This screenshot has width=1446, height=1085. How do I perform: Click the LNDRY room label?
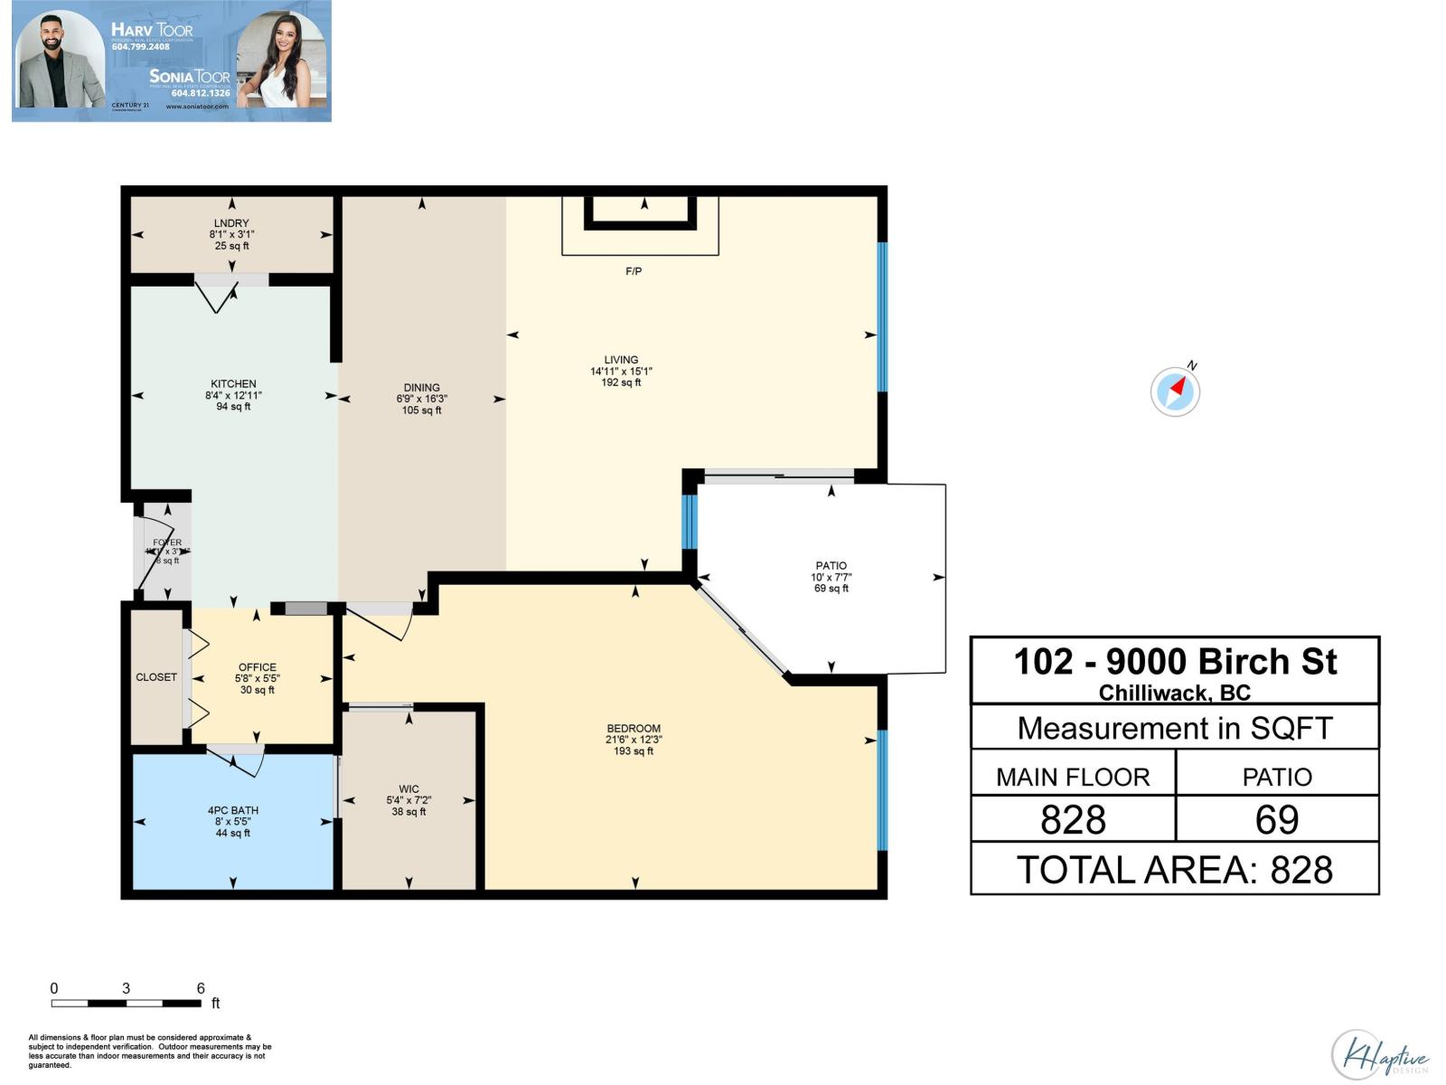(x=231, y=223)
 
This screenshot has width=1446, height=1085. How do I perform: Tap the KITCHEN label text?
(x=233, y=383)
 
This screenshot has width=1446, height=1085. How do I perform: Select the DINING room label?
(x=421, y=387)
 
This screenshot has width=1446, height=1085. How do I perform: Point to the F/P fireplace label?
(x=634, y=271)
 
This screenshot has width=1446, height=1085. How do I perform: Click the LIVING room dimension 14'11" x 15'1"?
(x=621, y=371)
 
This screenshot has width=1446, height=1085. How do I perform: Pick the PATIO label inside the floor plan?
(x=831, y=565)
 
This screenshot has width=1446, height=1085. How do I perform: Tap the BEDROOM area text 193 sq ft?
(x=634, y=751)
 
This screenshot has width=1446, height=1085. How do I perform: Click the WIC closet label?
(x=408, y=788)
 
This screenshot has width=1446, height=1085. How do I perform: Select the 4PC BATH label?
(x=233, y=810)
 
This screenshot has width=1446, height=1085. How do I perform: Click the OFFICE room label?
(x=258, y=667)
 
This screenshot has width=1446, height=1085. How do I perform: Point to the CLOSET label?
(x=156, y=677)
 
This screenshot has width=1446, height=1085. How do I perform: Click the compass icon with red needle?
(x=1175, y=392)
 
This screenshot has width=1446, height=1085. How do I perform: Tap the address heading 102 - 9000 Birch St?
(x=1175, y=662)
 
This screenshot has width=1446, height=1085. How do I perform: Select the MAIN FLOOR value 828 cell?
(x=1073, y=819)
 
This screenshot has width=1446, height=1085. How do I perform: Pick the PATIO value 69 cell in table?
(x=1276, y=819)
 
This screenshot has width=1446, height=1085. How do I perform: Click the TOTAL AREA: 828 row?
(x=1175, y=870)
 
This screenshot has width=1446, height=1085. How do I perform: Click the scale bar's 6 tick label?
(x=201, y=988)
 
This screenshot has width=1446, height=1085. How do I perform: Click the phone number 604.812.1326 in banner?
(x=201, y=93)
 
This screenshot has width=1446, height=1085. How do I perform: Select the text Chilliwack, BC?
(x=1175, y=693)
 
